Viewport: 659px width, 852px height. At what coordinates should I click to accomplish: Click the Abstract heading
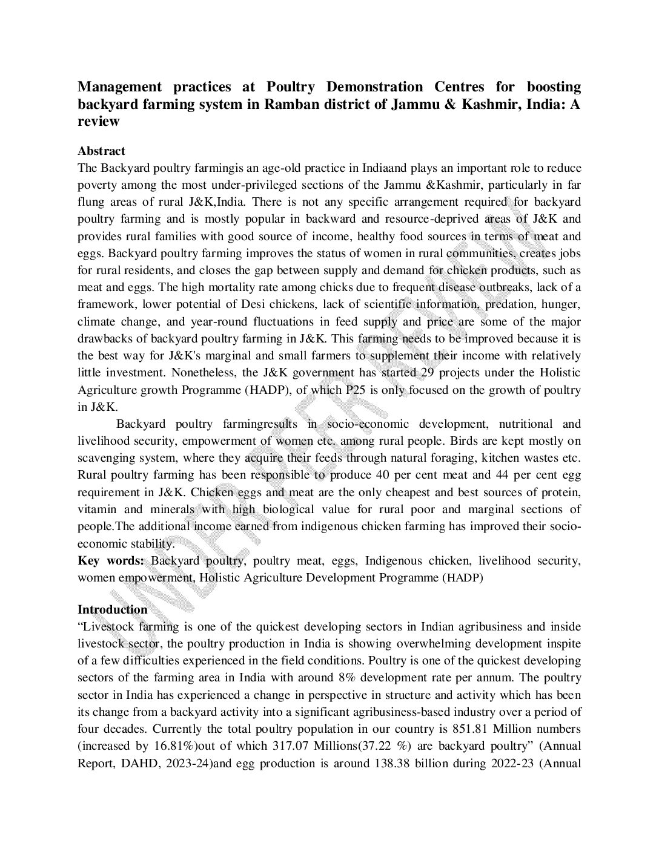[x=101, y=151]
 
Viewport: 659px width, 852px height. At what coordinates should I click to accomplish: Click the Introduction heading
[x=112, y=609]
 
